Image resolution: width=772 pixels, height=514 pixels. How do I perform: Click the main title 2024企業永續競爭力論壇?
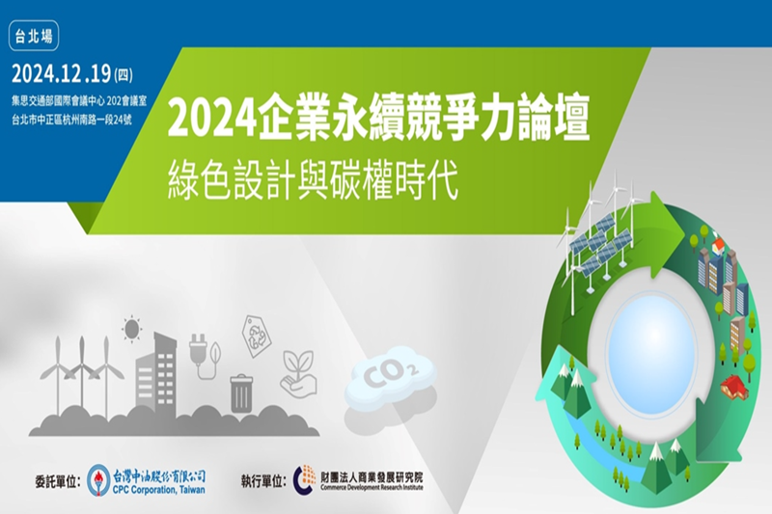pos(378,121)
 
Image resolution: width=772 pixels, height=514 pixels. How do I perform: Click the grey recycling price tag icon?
pos(258,336)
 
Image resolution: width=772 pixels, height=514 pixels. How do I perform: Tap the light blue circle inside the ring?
pos(652,348)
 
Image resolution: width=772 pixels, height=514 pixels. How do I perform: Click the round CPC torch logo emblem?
pos(97,478)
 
